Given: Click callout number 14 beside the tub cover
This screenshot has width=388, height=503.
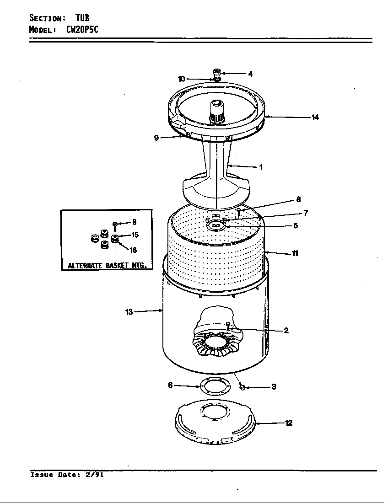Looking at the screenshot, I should click(x=315, y=118).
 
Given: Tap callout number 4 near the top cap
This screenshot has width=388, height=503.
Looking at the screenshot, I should click(x=250, y=74).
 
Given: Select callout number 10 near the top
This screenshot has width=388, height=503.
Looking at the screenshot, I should click(x=182, y=79).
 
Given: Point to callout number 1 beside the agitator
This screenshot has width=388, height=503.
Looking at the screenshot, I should click(x=261, y=167).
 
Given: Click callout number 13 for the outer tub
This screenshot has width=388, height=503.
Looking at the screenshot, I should click(x=129, y=312).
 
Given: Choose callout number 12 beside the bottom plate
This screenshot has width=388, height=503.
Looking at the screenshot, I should click(x=289, y=423).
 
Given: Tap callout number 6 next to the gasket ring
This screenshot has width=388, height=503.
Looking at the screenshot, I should click(x=170, y=385).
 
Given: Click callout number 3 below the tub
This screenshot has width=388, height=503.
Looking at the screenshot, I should click(x=274, y=387).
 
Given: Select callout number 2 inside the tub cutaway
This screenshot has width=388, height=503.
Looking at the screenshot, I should click(x=286, y=330).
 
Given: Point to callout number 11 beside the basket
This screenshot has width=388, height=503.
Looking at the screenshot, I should click(x=296, y=253).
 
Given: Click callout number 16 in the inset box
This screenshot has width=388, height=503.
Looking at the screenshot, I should click(x=133, y=250).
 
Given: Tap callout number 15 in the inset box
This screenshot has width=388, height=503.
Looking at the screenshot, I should click(x=135, y=235).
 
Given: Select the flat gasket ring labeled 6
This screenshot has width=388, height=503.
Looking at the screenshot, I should click(x=214, y=387).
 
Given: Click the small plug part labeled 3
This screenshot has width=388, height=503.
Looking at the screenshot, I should click(x=243, y=388).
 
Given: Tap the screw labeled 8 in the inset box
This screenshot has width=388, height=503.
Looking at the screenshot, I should click(x=115, y=225).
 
